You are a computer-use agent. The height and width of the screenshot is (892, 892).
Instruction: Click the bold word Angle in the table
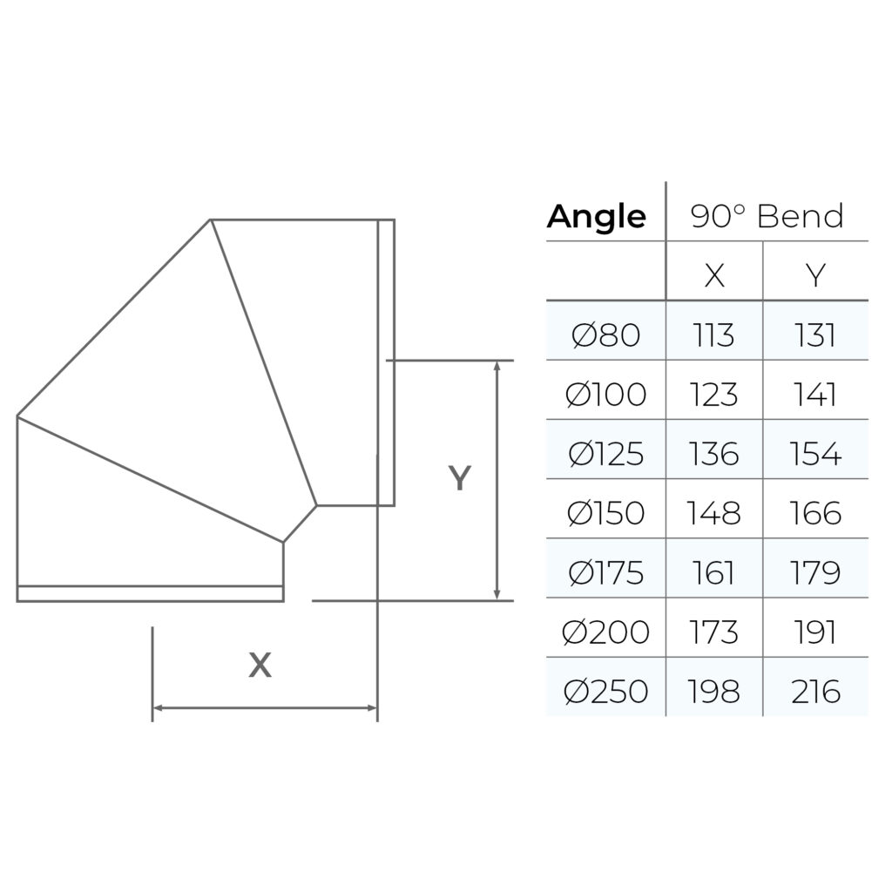pyautogui.click(x=597, y=217)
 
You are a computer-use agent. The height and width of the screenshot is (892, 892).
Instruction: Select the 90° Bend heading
pyautogui.click(x=767, y=216)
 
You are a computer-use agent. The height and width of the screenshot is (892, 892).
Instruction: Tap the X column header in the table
pyautogui.click(x=714, y=275)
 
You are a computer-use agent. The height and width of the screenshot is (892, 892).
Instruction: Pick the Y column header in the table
pyautogui.click(x=815, y=275)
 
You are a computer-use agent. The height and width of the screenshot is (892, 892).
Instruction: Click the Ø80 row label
pyautogui.click(x=606, y=335)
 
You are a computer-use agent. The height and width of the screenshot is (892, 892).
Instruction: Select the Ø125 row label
pyautogui.click(x=605, y=454)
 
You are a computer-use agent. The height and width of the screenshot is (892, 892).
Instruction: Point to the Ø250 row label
pyautogui.click(x=605, y=692)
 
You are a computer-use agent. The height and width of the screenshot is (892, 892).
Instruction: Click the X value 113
pyautogui.click(x=714, y=335)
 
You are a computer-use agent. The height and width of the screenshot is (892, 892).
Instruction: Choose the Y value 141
pyautogui.click(x=815, y=395)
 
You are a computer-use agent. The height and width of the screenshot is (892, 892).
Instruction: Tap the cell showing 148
pyautogui.click(x=714, y=513)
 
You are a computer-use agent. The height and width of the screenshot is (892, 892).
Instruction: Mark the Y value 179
pyautogui.click(x=815, y=573)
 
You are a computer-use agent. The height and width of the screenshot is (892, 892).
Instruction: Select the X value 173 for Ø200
pyautogui.click(x=714, y=632)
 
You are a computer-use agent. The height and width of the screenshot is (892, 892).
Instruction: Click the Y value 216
pyautogui.click(x=815, y=692)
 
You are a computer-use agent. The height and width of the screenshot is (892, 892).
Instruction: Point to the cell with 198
pyautogui.click(x=714, y=692)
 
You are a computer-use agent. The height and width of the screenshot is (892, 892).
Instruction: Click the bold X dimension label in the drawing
pyautogui.click(x=260, y=666)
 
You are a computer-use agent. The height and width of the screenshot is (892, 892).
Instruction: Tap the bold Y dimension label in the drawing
pyautogui.click(x=459, y=478)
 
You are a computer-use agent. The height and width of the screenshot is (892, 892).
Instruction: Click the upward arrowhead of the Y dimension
pyautogui.click(x=497, y=366)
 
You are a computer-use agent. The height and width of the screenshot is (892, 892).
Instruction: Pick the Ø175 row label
pyautogui.click(x=605, y=573)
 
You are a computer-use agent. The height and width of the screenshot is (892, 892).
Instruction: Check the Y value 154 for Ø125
pyautogui.click(x=815, y=454)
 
